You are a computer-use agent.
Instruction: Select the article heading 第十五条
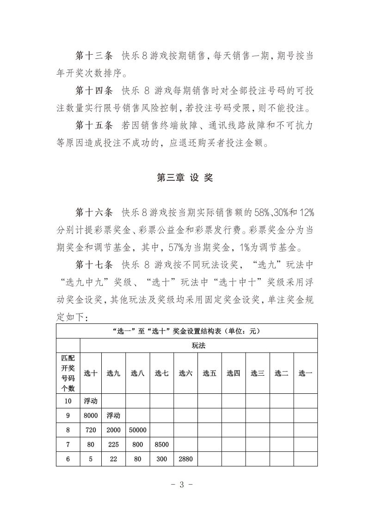pos(94,126)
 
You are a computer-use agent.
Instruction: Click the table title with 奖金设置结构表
pos(186,331)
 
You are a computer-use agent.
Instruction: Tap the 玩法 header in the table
pos(199,346)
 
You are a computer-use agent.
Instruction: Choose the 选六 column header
pos(185,373)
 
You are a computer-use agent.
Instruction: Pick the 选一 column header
pos(305,373)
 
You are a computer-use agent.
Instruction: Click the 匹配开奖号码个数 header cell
pos(68,373)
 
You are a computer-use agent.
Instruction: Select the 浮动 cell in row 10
pos(91,401)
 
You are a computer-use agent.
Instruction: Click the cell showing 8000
pos(91,415)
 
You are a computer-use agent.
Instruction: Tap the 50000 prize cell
pos(138,430)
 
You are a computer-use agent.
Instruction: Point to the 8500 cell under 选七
pos(161,444)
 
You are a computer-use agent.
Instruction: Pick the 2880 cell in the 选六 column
pos(185,459)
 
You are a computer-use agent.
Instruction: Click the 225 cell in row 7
pos(113,444)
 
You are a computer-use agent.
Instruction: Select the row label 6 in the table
pos(68,459)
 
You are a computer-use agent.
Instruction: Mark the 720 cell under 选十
pos(91,430)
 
